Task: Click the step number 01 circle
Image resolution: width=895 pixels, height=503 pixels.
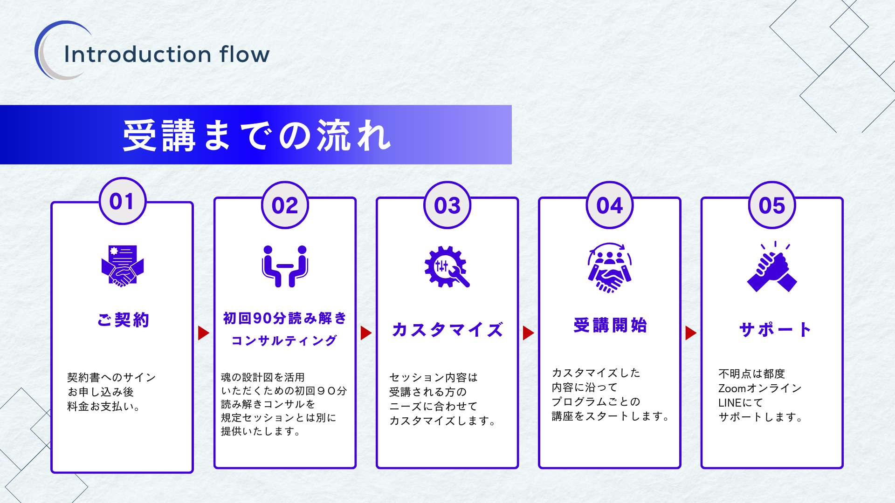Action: pos(123,201)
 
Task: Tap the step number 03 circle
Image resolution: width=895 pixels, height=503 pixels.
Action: pos(447,205)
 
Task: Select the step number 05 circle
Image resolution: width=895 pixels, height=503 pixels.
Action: pos(772,205)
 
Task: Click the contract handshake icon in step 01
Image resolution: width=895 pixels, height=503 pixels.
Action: pos(123,266)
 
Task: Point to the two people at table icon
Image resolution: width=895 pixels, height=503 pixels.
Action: pos(285,266)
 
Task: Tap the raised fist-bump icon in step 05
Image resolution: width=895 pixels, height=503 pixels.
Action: pos(772,266)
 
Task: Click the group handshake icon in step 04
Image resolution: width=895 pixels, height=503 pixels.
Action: pos(610,267)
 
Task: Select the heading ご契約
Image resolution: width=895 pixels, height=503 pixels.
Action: pos(123,320)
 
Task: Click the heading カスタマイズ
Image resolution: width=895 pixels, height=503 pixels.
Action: pos(447,329)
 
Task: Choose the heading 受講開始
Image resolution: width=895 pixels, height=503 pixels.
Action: pos(610,325)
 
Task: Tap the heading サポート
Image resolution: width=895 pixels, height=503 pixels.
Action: pos(775,329)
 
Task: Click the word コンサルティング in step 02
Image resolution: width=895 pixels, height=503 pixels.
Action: pos(284,340)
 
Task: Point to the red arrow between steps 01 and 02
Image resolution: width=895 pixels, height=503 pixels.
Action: pos(204,333)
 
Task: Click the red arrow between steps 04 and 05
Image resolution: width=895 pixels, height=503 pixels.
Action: pos(691,333)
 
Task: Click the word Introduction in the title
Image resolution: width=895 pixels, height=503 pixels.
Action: pos(138,54)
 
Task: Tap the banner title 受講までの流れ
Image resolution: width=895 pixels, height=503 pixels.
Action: pos(257,136)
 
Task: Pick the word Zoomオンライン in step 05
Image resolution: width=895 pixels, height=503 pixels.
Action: pos(760,388)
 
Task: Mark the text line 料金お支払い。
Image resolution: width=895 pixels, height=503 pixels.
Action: pos(104,407)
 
